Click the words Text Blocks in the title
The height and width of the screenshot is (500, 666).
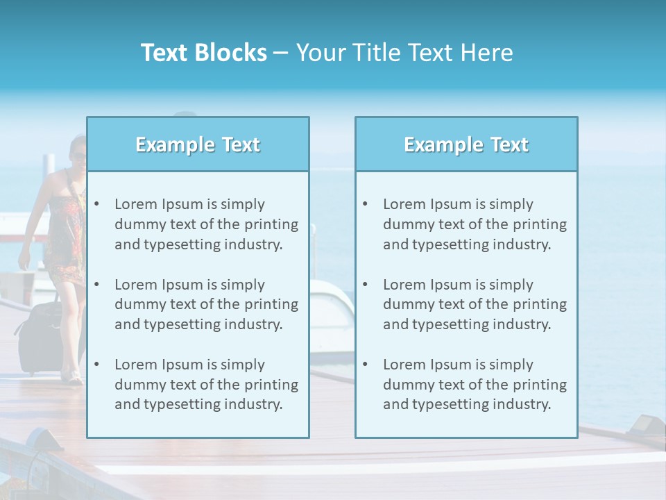point(203,53)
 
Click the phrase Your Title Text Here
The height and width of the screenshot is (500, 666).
point(404,53)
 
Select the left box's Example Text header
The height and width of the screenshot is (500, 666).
point(198,144)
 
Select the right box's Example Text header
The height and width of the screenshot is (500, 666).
point(466,144)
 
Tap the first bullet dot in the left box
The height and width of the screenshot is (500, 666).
point(96,204)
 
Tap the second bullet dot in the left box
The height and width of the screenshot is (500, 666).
point(96,285)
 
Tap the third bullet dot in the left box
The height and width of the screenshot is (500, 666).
point(96,365)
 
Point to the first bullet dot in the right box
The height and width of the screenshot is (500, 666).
point(365,204)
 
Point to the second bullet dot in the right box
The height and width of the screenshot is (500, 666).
point(365,285)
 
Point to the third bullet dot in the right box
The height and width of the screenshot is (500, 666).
point(365,365)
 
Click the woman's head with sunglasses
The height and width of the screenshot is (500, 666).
point(77,151)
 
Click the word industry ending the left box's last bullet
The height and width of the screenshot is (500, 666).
point(254,404)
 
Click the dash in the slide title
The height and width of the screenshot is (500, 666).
point(281,53)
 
